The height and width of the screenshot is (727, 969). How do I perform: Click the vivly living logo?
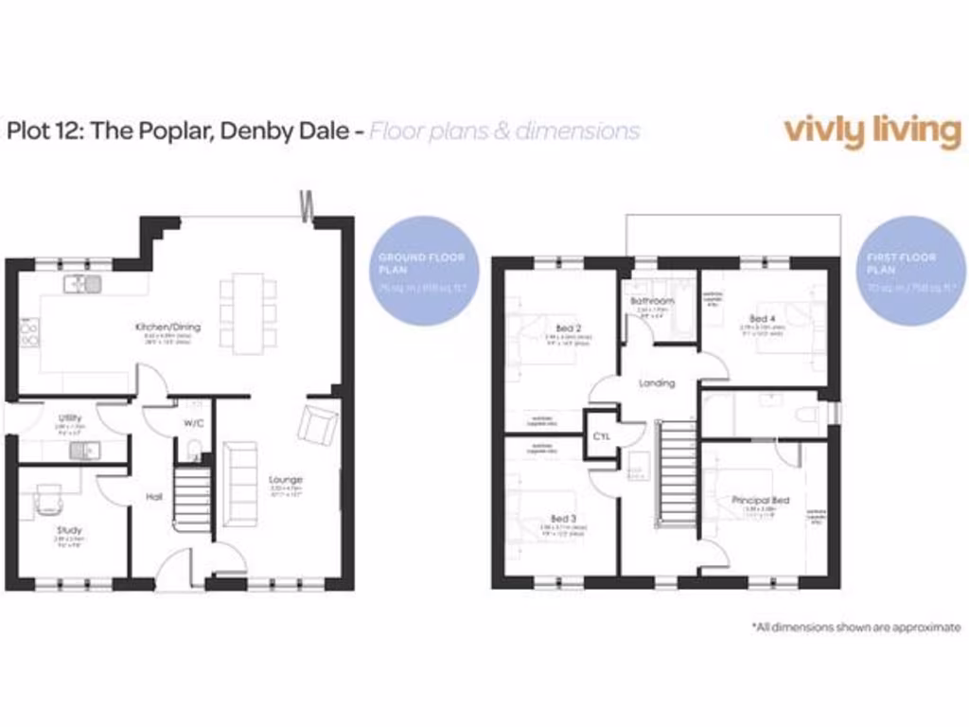[872, 131]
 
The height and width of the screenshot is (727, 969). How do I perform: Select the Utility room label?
[70, 417]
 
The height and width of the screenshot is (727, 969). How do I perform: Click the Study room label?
[69, 530]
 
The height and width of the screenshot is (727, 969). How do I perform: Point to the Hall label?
[154, 496]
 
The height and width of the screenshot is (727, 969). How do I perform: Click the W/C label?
[194, 422]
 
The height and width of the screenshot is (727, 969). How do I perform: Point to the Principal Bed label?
[760, 500]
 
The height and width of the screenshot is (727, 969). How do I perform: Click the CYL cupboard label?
[601, 437]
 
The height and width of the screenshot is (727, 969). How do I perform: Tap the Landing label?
[657, 383]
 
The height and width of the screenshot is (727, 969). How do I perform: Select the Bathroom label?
[653, 302]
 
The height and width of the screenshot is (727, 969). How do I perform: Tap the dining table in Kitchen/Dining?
[248, 312]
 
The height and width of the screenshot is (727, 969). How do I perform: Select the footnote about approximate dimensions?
[855, 627]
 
